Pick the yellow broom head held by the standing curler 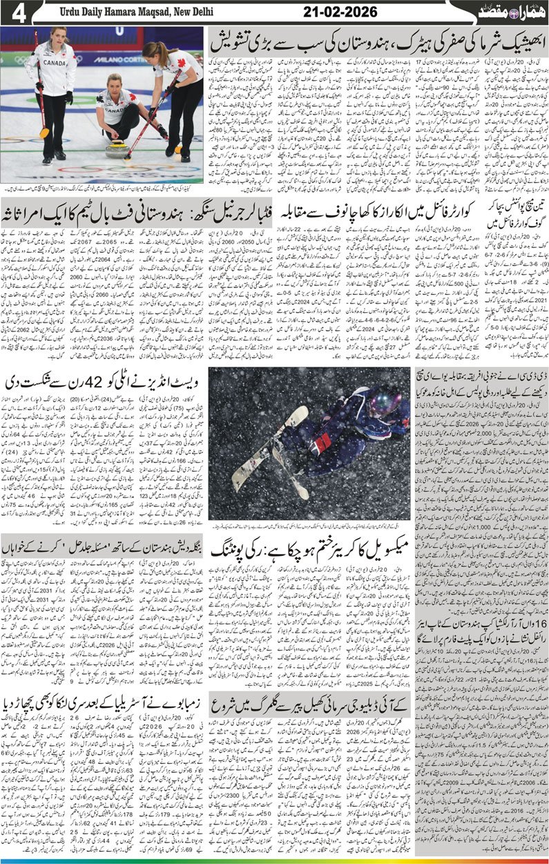44,133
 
